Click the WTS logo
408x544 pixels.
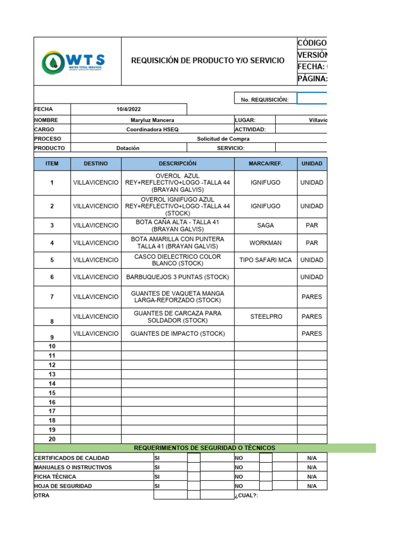pyautogui.click(x=73, y=63)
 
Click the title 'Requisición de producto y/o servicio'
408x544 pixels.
pyautogui.click(x=208, y=61)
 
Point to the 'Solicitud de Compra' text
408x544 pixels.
pyautogui.click(x=223, y=139)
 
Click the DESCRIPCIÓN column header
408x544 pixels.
pyautogui.click(x=177, y=164)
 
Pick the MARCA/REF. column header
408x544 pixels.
pyautogui.click(x=265, y=164)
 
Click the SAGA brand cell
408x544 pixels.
pyautogui.click(x=265, y=225)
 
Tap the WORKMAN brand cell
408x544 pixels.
pyautogui.click(x=265, y=243)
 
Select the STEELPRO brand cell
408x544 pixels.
pyautogui.click(x=265, y=317)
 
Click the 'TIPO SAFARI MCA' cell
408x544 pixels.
pyautogui.click(x=265, y=260)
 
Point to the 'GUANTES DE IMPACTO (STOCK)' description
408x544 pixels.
pyautogui.click(x=177, y=334)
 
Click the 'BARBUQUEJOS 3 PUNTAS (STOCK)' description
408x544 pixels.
pyautogui.click(x=177, y=277)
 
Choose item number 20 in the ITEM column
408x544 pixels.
pyautogui.click(x=52, y=439)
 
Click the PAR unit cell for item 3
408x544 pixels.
pyautogui.click(x=312, y=225)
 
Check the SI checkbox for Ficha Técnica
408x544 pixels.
pyautogui.click(x=193, y=477)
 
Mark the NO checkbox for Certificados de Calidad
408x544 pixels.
pyautogui.click(x=266, y=458)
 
